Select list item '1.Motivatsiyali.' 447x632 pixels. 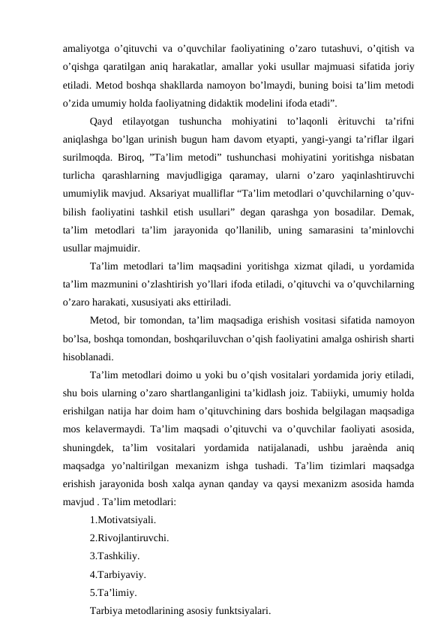pyautogui.click(x=122, y=519)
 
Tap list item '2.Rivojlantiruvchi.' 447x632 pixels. pyautogui.click(x=128, y=537)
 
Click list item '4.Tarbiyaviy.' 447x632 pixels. pyautogui.click(x=117, y=574)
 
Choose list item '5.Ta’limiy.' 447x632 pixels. pyautogui.click(x=112, y=593)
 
